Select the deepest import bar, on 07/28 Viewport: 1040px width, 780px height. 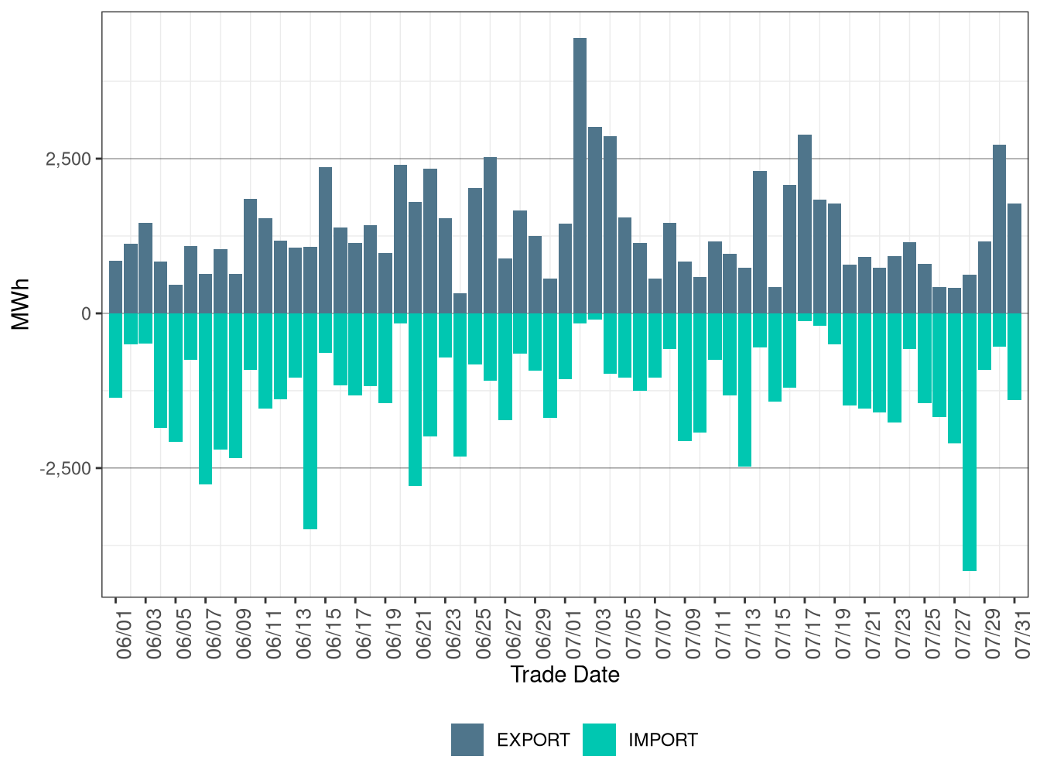970,442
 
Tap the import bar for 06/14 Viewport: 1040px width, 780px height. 310,421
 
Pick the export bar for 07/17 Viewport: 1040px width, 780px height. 805,224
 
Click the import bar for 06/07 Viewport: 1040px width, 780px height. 205,399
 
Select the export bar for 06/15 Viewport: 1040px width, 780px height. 325,240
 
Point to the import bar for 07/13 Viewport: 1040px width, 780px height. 744,390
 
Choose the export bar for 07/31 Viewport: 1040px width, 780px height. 1014,258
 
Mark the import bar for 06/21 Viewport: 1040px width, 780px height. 415,399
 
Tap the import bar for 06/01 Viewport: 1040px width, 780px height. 115,355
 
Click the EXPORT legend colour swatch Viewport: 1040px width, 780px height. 467,740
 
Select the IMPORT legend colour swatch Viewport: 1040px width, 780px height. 600,740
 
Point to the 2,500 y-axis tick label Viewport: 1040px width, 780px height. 68,159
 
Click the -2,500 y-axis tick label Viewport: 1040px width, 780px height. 65,469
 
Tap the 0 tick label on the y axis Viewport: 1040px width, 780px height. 86,314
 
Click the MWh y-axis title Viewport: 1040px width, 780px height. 21,304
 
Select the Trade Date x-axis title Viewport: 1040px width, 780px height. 565,675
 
